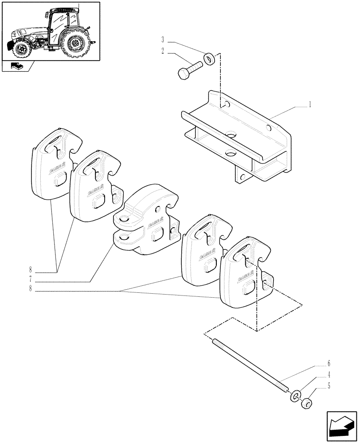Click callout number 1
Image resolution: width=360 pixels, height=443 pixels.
pos(310,105)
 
